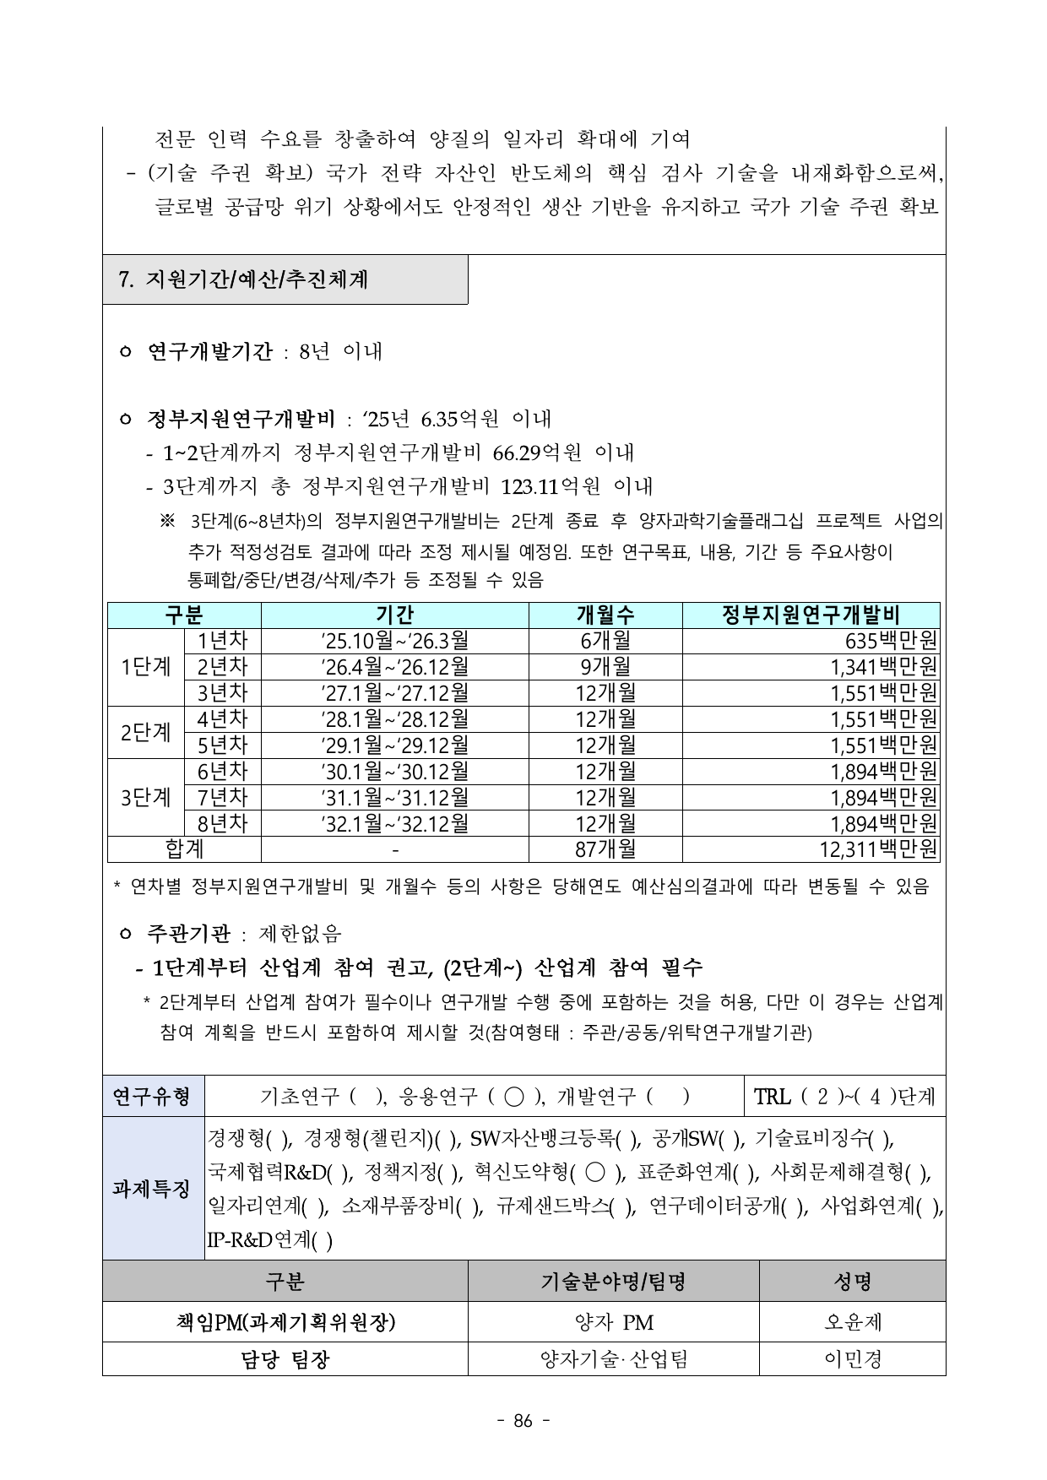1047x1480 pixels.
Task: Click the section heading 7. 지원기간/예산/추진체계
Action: coord(245,279)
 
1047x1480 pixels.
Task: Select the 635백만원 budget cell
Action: coord(891,642)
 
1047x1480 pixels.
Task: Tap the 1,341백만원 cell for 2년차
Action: coord(883,668)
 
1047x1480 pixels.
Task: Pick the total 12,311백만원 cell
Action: coord(878,849)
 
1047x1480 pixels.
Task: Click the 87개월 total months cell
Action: coord(605,849)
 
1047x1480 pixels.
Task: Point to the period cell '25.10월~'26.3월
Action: coord(394,642)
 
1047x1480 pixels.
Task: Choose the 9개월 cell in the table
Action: coord(605,668)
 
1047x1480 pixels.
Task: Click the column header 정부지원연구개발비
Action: coord(811,615)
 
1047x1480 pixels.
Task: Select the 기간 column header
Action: coord(394,615)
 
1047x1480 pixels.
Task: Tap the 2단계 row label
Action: coord(145,733)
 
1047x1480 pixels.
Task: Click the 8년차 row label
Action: coord(222,824)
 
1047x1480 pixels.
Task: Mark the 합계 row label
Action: coord(183,849)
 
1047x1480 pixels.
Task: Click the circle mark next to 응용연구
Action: coord(513,1097)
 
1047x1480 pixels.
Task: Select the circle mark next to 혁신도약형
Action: coord(594,1173)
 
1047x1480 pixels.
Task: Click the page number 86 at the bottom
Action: coord(523,1421)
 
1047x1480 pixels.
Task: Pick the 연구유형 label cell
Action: coord(153,1097)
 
